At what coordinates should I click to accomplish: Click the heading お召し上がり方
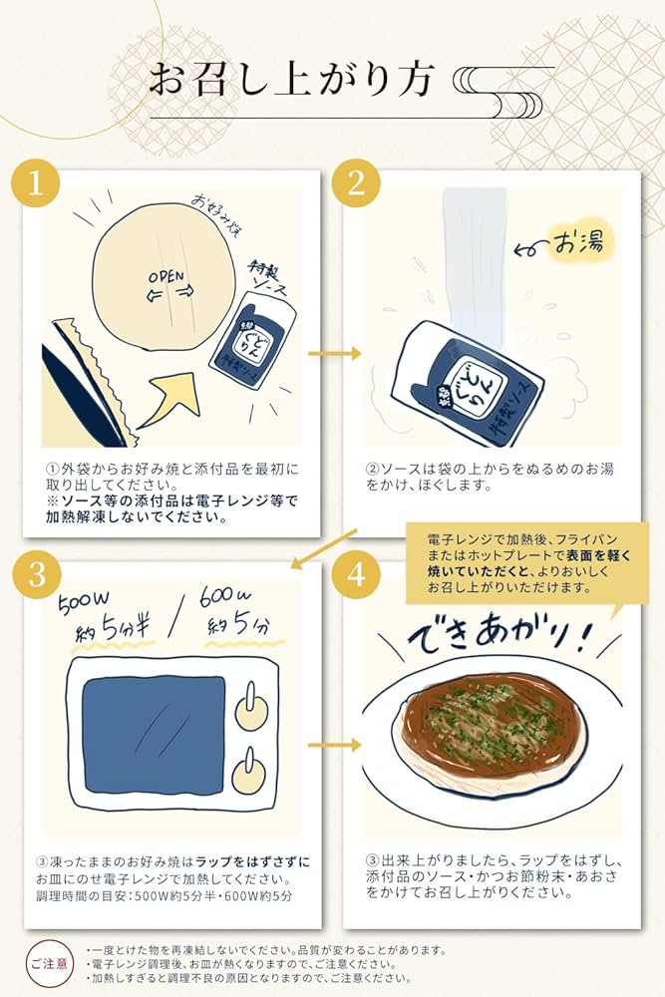coord(292,81)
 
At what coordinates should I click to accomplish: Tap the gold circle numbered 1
coord(37,184)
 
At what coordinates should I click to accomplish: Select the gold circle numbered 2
coord(357,184)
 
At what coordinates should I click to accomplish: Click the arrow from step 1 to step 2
coord(332,352)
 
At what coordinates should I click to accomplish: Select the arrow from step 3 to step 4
coord(332,744)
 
